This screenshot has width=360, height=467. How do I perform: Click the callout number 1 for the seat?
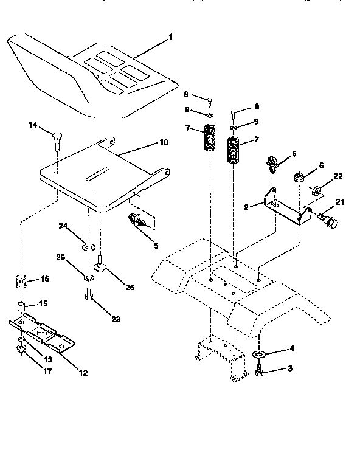pyautogui.click(x=171, y=37)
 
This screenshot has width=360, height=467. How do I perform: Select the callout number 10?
pyautogui.click(x=164, y=142)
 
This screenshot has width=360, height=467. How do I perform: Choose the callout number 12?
pyautogui.click(x=83, y=373)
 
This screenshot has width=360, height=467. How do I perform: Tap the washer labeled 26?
pyautogui.click(x=89, y=277)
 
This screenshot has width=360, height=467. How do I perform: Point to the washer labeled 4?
pyautogui.click(x=259, y=354)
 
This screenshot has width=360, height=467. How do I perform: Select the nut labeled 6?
pyautogui.click(x=298, y=179)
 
